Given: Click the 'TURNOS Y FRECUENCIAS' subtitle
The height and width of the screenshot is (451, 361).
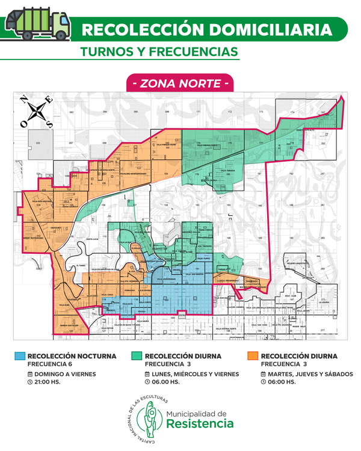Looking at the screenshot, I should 159,52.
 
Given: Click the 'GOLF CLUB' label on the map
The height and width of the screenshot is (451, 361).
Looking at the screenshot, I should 291,296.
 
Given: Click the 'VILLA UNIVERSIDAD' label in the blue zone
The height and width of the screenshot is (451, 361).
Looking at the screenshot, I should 168,280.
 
